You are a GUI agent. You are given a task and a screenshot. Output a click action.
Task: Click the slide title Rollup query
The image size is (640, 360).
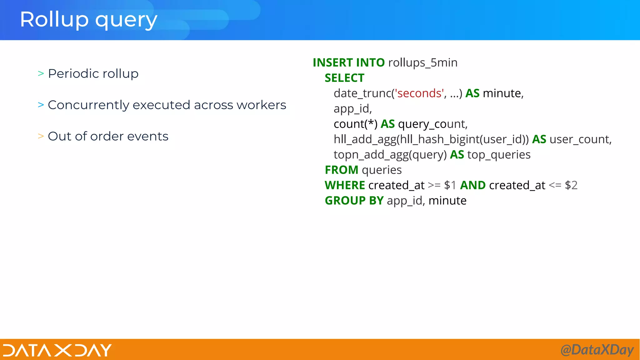[88, 20]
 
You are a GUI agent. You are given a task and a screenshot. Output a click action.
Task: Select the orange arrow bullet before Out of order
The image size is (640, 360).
[41, 136]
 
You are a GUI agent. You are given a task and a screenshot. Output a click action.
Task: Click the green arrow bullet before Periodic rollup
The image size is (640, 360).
[41, 74]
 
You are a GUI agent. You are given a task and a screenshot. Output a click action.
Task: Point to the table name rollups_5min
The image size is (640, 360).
[422, 62]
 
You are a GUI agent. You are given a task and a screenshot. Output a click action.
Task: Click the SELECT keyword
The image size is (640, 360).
[344, 78]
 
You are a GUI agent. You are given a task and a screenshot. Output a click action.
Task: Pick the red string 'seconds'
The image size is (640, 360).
[419, 93]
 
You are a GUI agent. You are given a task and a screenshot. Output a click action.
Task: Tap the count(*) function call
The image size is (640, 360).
[355, 124]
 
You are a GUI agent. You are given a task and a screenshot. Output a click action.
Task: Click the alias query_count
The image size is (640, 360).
[432, 124]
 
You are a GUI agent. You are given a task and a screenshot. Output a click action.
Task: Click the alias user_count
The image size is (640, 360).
[580, 139]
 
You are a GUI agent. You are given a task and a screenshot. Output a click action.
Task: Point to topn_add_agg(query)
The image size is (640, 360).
[390, 155]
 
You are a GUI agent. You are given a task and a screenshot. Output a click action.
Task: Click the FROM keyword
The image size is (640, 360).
[341, 170]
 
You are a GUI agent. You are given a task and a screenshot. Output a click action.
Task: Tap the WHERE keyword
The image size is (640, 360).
[345, 185]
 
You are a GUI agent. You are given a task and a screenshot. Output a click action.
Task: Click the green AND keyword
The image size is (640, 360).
[473, 185]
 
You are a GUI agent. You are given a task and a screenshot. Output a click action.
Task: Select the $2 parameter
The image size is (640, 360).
[571, 185]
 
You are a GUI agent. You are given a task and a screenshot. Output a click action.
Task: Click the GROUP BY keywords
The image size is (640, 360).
[354, 201]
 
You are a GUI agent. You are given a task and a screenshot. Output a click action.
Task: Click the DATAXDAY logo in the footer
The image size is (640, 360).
[57, 350]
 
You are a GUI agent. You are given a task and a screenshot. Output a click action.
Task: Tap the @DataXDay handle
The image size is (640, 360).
[597, 350]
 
